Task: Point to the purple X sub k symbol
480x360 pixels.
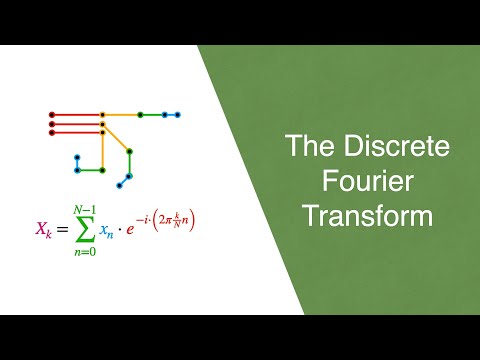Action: pyautogui.click(x=42, y=230)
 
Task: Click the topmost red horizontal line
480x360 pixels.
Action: pyautogui.click(x=77, y=114)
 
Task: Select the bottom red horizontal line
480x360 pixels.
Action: pyautogui.click(x=77, y=132)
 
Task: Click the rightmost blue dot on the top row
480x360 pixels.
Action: pyautogui.click(x=178, y=114)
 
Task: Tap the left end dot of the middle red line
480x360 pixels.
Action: pyautogui.click(x=51, y=123)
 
